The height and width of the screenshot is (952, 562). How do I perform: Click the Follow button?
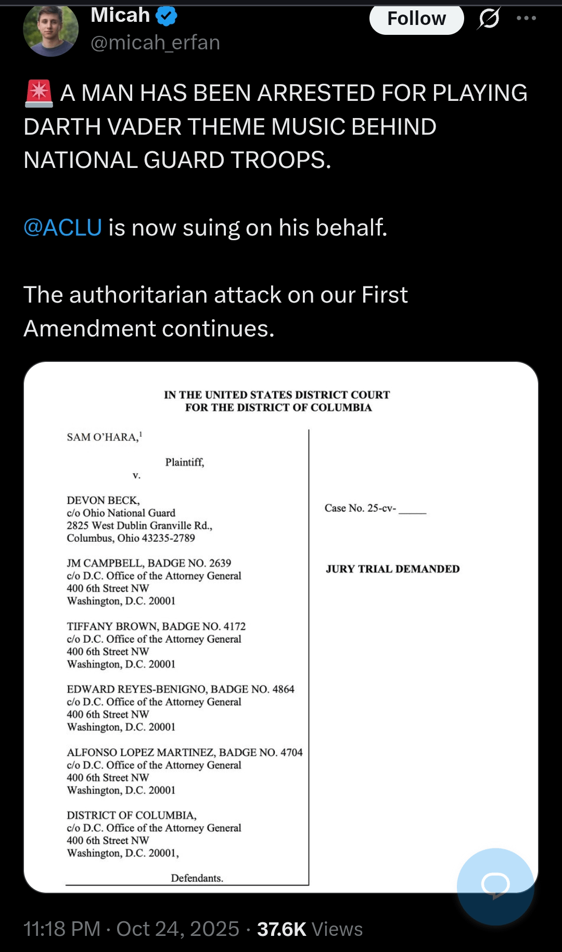pos(416,19)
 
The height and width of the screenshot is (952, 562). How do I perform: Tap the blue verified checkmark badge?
pos(167,16)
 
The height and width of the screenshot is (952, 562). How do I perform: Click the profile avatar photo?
pos(51,30)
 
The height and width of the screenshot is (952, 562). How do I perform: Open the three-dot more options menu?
pos(526,18)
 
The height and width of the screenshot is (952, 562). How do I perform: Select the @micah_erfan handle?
pos(155,43)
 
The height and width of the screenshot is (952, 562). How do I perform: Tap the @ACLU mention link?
pos(63,228)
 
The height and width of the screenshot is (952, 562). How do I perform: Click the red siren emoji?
pos(39,94)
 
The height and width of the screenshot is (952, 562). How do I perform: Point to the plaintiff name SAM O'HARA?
pos(102,437)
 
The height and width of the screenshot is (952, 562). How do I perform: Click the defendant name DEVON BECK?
pos(103,500)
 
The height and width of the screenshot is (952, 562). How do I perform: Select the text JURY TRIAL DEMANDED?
pos(393,569)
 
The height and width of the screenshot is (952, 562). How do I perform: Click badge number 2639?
pos(220,563)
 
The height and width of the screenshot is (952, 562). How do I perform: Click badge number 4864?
pos(283,689)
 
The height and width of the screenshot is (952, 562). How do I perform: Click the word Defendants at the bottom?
pos(197,878)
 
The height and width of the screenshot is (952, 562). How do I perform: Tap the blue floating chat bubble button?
pos(495,886)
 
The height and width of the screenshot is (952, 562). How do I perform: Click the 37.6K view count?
pos(282,929)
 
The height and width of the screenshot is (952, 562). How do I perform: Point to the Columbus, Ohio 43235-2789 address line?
pos(131,538)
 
